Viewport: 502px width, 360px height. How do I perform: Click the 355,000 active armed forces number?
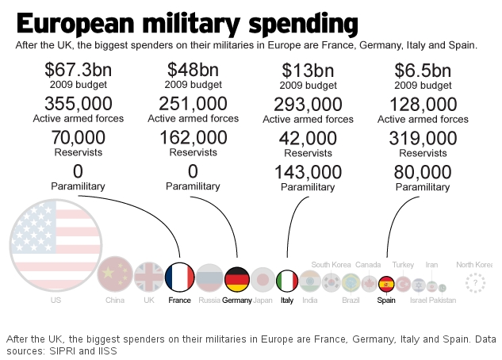tap(78, 103)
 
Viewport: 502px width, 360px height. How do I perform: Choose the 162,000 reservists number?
tap(193, 137)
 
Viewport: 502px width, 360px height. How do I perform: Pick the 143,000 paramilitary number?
tap(308, 171)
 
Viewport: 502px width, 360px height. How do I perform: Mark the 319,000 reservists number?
tap(423, 137)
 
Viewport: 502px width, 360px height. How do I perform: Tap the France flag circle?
tap(180, 277)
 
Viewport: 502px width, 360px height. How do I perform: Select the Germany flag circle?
tap(237, 278)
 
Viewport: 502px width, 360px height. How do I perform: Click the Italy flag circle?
tap(287, 281)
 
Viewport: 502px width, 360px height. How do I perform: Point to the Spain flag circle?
tap(387, 283)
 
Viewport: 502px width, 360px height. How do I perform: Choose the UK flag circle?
tap(148, 277)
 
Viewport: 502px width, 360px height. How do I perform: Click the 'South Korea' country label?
tap(331, 265)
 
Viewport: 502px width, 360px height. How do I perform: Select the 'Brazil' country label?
tap(351, 301)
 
